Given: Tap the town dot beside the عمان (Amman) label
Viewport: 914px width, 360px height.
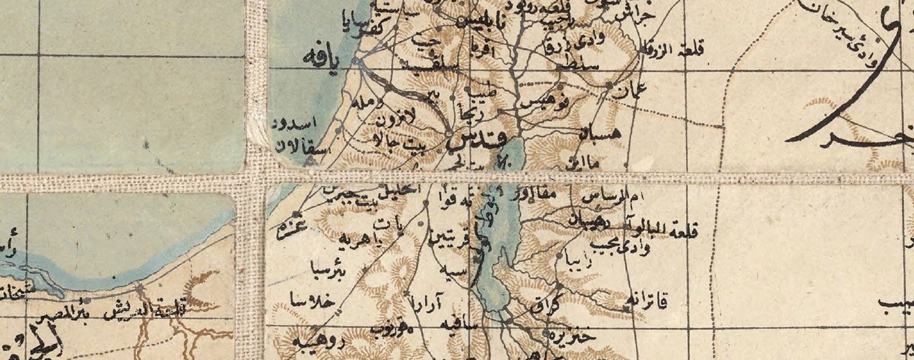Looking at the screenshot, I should [609, 85].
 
